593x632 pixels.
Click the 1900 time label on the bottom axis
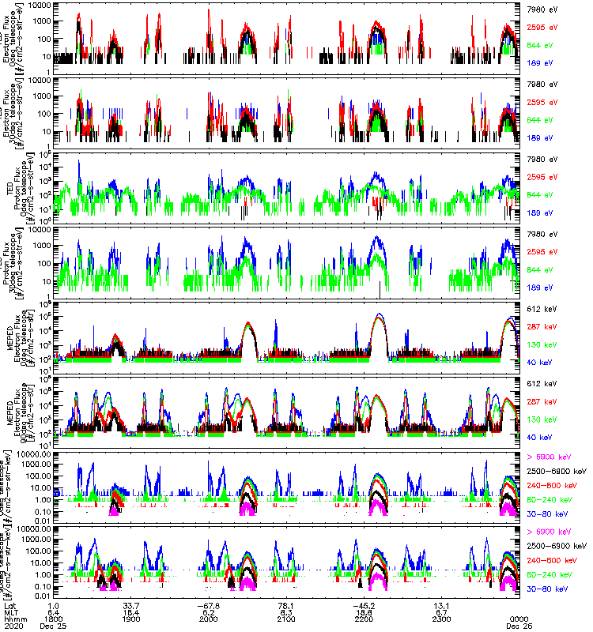(x=131, y=619)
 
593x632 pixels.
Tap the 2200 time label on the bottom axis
(x=364, y=619)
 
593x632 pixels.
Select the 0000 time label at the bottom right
(x=519, y=619)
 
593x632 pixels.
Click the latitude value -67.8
(x=208, y=606)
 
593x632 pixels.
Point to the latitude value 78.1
(x=285, y=606)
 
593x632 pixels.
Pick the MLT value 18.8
(x=364, y=612)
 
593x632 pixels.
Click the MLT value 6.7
(x=441, y=612)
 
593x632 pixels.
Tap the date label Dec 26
(x=519, y=625)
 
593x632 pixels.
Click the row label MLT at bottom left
(x=11, y=612)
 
